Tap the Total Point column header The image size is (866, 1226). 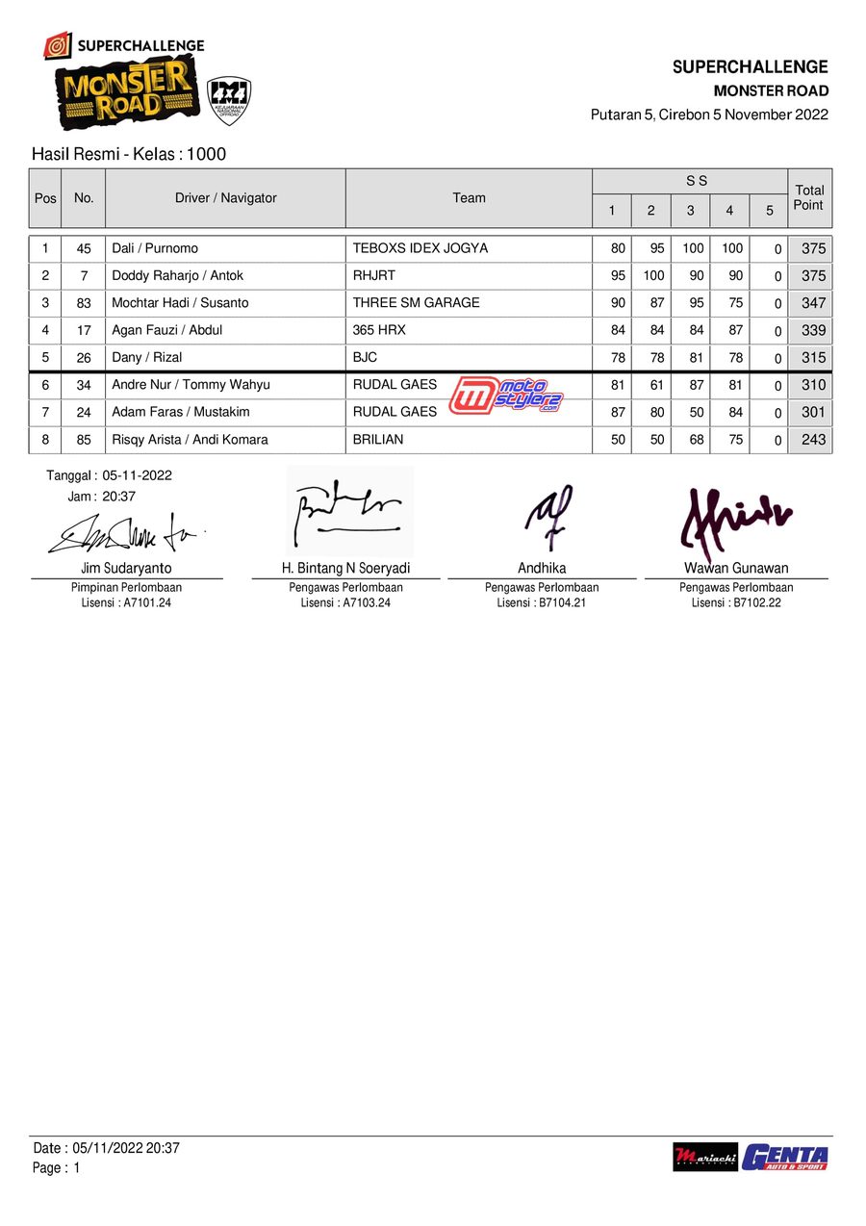tap(808, 198)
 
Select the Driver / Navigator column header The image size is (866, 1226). tap(225, 198)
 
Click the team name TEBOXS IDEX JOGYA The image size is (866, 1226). tap(420, 248)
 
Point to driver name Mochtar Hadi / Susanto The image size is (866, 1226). tap(180, 303)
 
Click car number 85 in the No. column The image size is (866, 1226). tap(84, 440)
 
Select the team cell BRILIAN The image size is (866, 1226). tap(378, 440)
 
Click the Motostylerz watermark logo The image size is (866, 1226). tap(505, 396)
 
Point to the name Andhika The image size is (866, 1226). tap(542, 568)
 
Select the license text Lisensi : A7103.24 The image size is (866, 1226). tap(345, 603)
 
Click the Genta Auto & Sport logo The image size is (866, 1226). tap(784, 1157)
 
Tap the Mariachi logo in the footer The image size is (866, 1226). tap(705, 1157)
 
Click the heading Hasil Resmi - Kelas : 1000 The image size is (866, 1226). tap(129, 154)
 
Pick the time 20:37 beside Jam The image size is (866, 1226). tap(118, 497)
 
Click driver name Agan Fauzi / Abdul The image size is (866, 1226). tap(167, 330)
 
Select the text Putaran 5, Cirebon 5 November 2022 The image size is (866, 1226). tap(709, 115)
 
